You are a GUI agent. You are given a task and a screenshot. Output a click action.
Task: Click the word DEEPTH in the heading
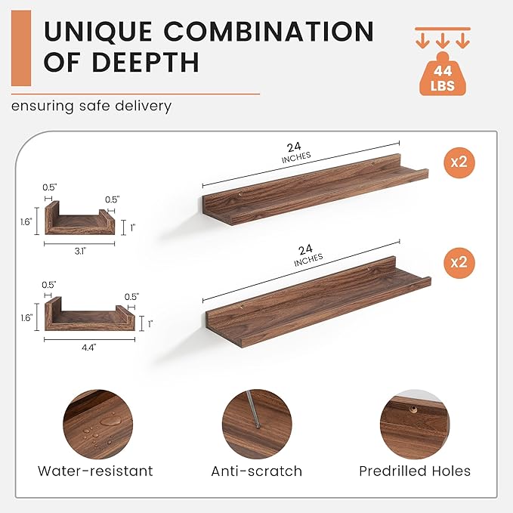coord(146,62)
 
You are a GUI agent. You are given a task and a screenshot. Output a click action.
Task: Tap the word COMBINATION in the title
coord(269,31)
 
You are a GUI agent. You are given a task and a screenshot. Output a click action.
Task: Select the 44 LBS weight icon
coord(443,74)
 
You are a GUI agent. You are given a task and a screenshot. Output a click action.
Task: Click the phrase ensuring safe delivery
coord(91,107)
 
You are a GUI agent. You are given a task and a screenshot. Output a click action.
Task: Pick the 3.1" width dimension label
coord(80,252)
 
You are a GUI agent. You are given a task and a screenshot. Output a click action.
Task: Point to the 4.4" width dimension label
coord(89,347)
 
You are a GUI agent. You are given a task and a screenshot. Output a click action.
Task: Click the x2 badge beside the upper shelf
coord(459,162)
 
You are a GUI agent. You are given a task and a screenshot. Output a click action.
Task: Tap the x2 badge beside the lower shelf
coord(459,263)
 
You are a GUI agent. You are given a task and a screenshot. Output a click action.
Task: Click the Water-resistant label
coord(95,471)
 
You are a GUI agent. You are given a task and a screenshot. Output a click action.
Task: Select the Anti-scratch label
coord(257,471)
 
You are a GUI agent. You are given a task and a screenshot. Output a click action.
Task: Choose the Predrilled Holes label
coord(415,471)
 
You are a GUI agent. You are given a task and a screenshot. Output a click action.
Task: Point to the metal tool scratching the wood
coord(253,408)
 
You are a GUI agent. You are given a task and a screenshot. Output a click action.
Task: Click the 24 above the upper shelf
coord(294,147)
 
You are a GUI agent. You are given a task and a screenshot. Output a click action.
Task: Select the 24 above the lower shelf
coord(305,250)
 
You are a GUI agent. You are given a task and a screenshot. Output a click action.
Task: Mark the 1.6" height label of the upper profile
coord(26,222)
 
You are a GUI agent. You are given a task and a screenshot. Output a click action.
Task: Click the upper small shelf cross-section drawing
coord(79,218)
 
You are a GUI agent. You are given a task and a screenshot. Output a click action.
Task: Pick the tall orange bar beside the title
coord(21,48)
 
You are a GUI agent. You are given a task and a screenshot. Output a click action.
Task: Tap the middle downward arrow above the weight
coord(443,41)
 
